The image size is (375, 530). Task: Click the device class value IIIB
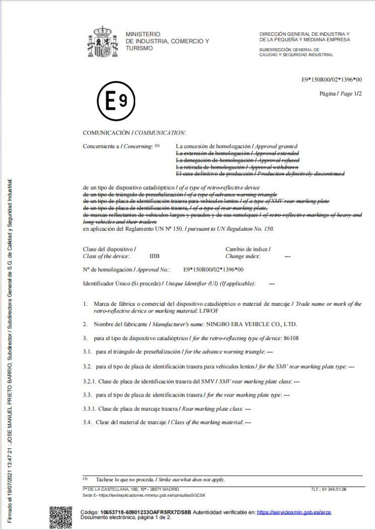click(154, 256)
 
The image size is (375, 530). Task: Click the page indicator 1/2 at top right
click(358, 94)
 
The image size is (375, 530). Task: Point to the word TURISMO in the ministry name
click(139, 48)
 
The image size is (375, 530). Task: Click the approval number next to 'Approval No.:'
click(213, 270)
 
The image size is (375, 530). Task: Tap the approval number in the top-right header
click(332, 80)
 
